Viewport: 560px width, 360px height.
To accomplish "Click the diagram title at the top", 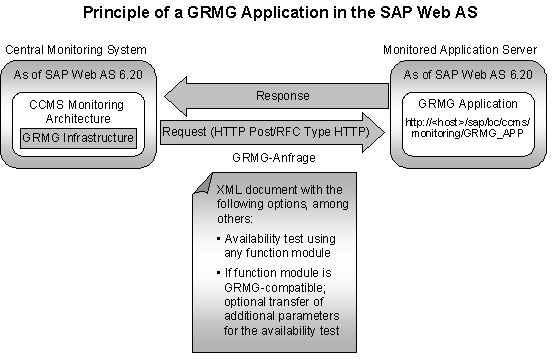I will pos(279,13).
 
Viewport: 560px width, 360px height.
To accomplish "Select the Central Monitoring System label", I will pos(75,49).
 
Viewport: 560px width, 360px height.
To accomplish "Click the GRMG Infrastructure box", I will pos(78,137).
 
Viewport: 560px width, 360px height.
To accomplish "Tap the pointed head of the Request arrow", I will pos(374,131).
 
